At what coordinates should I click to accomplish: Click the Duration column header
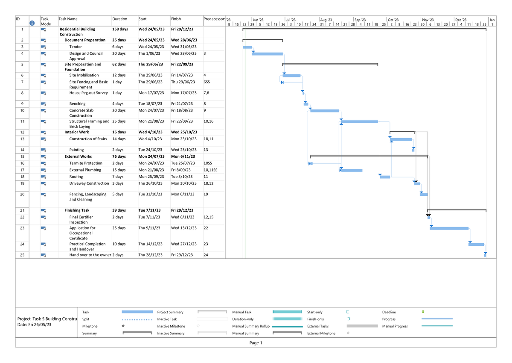(x=120, y=19)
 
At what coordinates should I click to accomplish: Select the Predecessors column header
(x=214, y=19)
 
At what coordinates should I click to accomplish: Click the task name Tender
(x=76, y=47)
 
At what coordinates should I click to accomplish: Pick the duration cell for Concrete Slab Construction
(x=119, y=110)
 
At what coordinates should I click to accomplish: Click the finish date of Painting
(x=182, y=150)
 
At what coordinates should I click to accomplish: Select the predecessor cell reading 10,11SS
(x=210, y=170)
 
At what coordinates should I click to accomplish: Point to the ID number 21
(x=22, y=210)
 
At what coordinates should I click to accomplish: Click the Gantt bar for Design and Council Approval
(x=267, y=54)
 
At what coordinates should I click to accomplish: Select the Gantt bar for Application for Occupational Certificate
(x=449, y=228)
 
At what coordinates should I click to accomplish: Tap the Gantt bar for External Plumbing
(x=352, y=170)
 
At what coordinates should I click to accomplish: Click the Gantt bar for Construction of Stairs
(x=401, y=139)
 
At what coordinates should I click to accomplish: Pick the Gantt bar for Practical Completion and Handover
(x=477, y=245)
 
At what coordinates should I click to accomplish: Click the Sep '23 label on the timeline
(x=360, y=20)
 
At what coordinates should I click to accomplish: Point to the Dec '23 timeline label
(x=461, y=20)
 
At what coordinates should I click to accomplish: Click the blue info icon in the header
(x=32, y=23)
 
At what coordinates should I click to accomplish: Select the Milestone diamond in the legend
(x=123, y=326)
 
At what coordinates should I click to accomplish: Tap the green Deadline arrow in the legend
(x=423, y=312)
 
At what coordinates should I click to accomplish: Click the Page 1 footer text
(x=256, y=343)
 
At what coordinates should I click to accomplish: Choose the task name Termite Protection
(x=86, y=163)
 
